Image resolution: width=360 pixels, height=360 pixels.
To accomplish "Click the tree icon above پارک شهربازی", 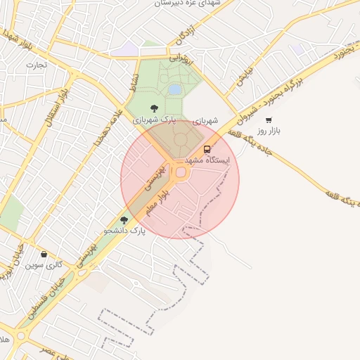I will pyautogui.click(x=154, y=108).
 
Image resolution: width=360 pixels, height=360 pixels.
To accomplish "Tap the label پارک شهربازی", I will pyautogui.click(x=154, y=120).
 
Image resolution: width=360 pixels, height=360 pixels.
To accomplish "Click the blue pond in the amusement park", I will pyautogui.click(x=174, y=89).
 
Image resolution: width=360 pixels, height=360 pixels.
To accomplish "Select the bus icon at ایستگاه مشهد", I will pyautogui.click(x=207, y=149).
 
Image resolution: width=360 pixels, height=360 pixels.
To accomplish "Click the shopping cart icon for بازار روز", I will pyautogui.click(x=269, y=120).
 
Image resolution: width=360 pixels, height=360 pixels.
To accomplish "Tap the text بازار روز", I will pyautogui.click(x=269, y=131).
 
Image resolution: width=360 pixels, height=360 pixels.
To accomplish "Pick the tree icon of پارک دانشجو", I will pyautogui.click(x=124, y=220).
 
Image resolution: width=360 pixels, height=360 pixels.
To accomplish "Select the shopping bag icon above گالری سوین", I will pyautogui.click(x=44, y=255).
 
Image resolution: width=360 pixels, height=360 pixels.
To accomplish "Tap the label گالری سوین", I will pyautogui.click(x=44, y=265).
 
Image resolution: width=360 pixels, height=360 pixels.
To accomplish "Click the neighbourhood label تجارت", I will pyautogui.click(x=36, y=65).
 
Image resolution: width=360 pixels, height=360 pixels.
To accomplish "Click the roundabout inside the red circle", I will pyautogui.click(x=181, y=172).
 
